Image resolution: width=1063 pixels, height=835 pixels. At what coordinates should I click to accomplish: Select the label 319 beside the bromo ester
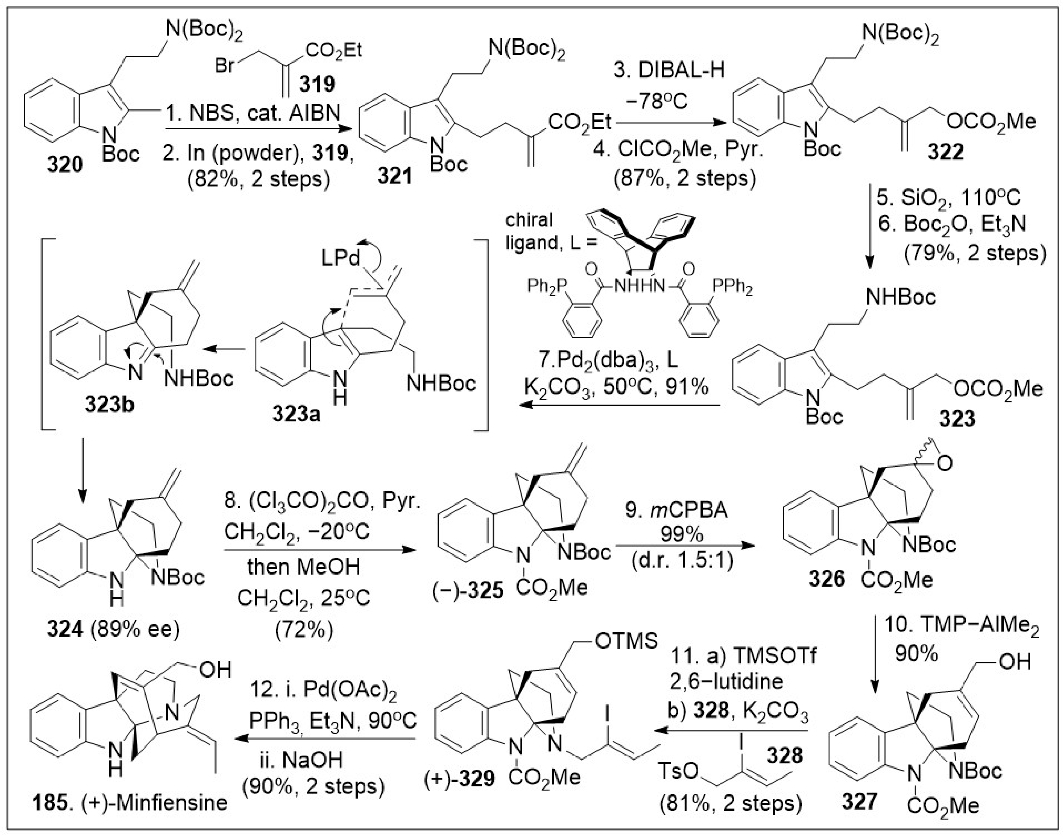pyautogui.click(x=317, y=84)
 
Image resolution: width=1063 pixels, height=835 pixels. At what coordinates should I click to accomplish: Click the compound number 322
pyautogui.click(x=946, y=152)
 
